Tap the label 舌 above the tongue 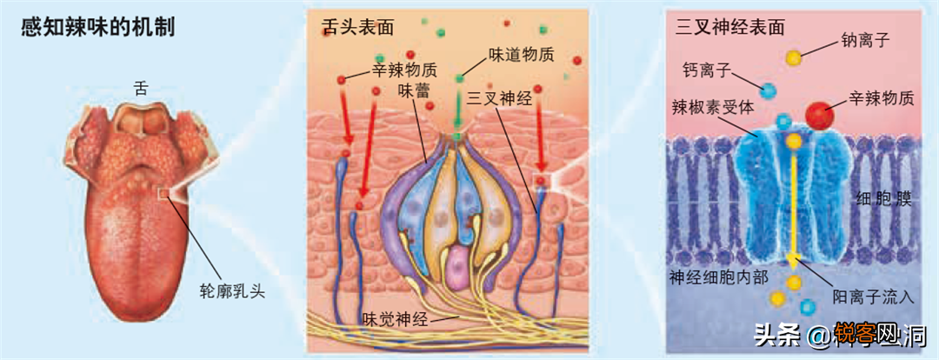[142, 88]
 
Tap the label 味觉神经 [394, 318]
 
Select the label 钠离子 [866, 40]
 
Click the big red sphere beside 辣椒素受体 [818, 115]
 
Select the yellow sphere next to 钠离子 [794, 58]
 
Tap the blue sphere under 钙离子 [767, 90]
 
